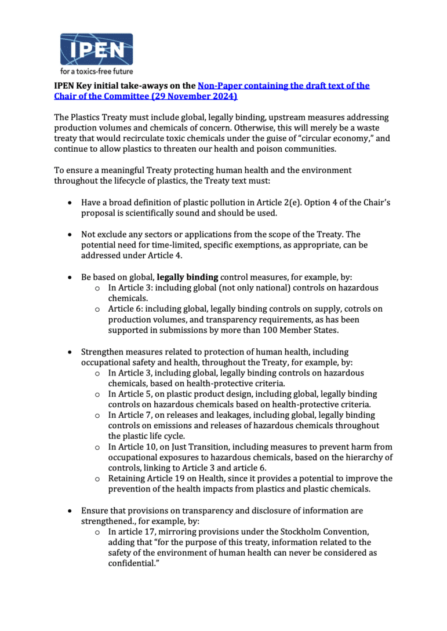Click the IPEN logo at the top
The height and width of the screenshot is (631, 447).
96,49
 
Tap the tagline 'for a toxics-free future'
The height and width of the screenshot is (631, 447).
97,72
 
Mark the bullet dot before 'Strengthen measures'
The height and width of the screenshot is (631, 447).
70,352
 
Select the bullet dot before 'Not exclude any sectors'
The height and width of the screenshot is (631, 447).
70,235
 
